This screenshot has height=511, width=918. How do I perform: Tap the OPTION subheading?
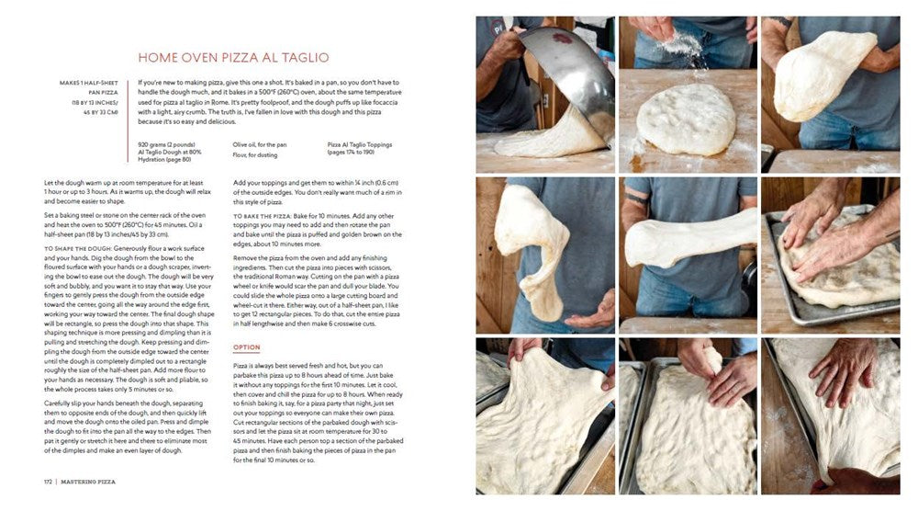point(247,347)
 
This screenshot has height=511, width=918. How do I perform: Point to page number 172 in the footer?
point(49,481)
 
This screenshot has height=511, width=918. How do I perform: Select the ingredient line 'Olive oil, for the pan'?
point(260,144)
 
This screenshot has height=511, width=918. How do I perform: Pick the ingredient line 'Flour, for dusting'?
point(255,153)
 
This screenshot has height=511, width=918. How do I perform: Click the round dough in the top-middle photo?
point(687,119)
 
